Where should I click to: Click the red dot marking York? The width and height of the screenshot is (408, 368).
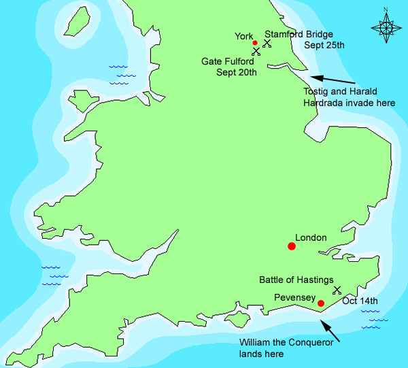point(255,43)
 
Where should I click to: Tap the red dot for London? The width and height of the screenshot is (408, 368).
point(292,246)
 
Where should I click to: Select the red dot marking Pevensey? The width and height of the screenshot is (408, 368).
point(321,303)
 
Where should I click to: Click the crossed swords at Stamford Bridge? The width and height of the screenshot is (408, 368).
point(267,43)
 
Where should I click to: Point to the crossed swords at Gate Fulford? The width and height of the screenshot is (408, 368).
point(256,52)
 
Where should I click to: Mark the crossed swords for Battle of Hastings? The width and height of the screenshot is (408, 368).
point(337,290)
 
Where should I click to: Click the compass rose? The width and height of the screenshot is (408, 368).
point(385,27)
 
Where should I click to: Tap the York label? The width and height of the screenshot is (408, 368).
point(243,36)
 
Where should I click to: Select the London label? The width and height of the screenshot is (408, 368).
point(311,238)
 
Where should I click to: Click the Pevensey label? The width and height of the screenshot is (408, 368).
point(294,298)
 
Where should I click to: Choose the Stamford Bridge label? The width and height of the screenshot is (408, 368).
point(299,34)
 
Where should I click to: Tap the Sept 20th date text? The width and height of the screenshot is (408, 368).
point(237,72)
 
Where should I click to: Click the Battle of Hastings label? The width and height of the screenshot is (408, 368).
point(296,280)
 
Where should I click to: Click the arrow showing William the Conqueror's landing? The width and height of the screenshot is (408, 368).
point(330,331)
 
